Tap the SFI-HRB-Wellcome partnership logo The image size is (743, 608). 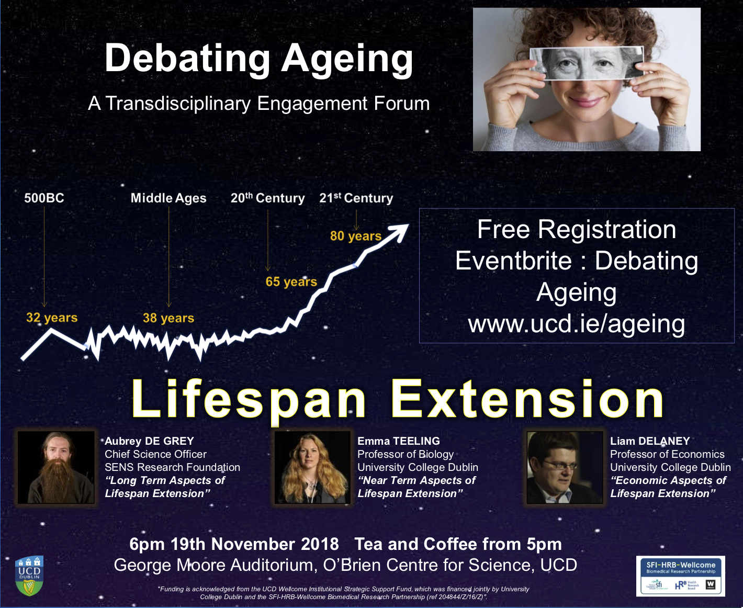coord(680,576)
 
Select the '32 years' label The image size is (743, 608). coord(52,318)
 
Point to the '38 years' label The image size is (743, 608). coord(168,318)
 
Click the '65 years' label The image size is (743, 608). coord(291,282)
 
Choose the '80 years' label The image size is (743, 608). coord(356,236)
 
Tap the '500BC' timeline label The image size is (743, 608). coord(44,198)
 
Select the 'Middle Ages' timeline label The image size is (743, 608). coord(168,198)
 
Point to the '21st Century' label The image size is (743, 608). coord(356,198)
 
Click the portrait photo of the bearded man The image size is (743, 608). coord(56,467)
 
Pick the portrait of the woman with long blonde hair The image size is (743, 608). coord(312,467)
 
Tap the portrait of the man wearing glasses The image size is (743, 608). coord(565,467)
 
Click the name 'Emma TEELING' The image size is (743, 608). coord(399,441)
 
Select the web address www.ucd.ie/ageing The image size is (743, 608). coord(577,324)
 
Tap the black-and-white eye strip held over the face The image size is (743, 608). coord(587,64)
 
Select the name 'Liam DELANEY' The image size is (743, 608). coord(650,441)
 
